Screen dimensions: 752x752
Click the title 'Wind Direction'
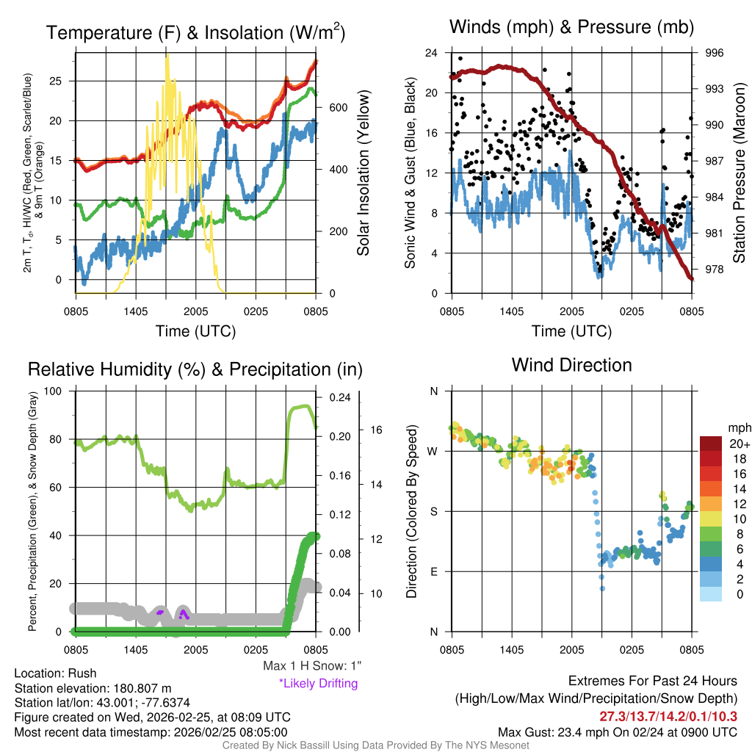coord(571,365)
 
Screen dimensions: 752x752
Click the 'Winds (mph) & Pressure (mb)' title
coord(571,27)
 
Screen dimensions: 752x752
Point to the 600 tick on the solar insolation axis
coord(339,107)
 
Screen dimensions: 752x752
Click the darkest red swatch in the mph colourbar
coord(711,444)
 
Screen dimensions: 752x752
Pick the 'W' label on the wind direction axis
coord(433,451)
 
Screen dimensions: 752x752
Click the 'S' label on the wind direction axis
coord(433,511)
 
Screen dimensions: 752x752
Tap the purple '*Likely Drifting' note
coord(317,684)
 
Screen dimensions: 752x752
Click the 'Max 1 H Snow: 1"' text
coord(312,666)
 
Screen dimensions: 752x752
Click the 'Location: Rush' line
coord(55,673)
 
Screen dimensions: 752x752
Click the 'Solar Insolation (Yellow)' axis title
coord(364,173)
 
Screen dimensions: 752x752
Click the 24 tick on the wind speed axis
coord(432,53)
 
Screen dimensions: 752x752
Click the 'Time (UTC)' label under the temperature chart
coord(196,331)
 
